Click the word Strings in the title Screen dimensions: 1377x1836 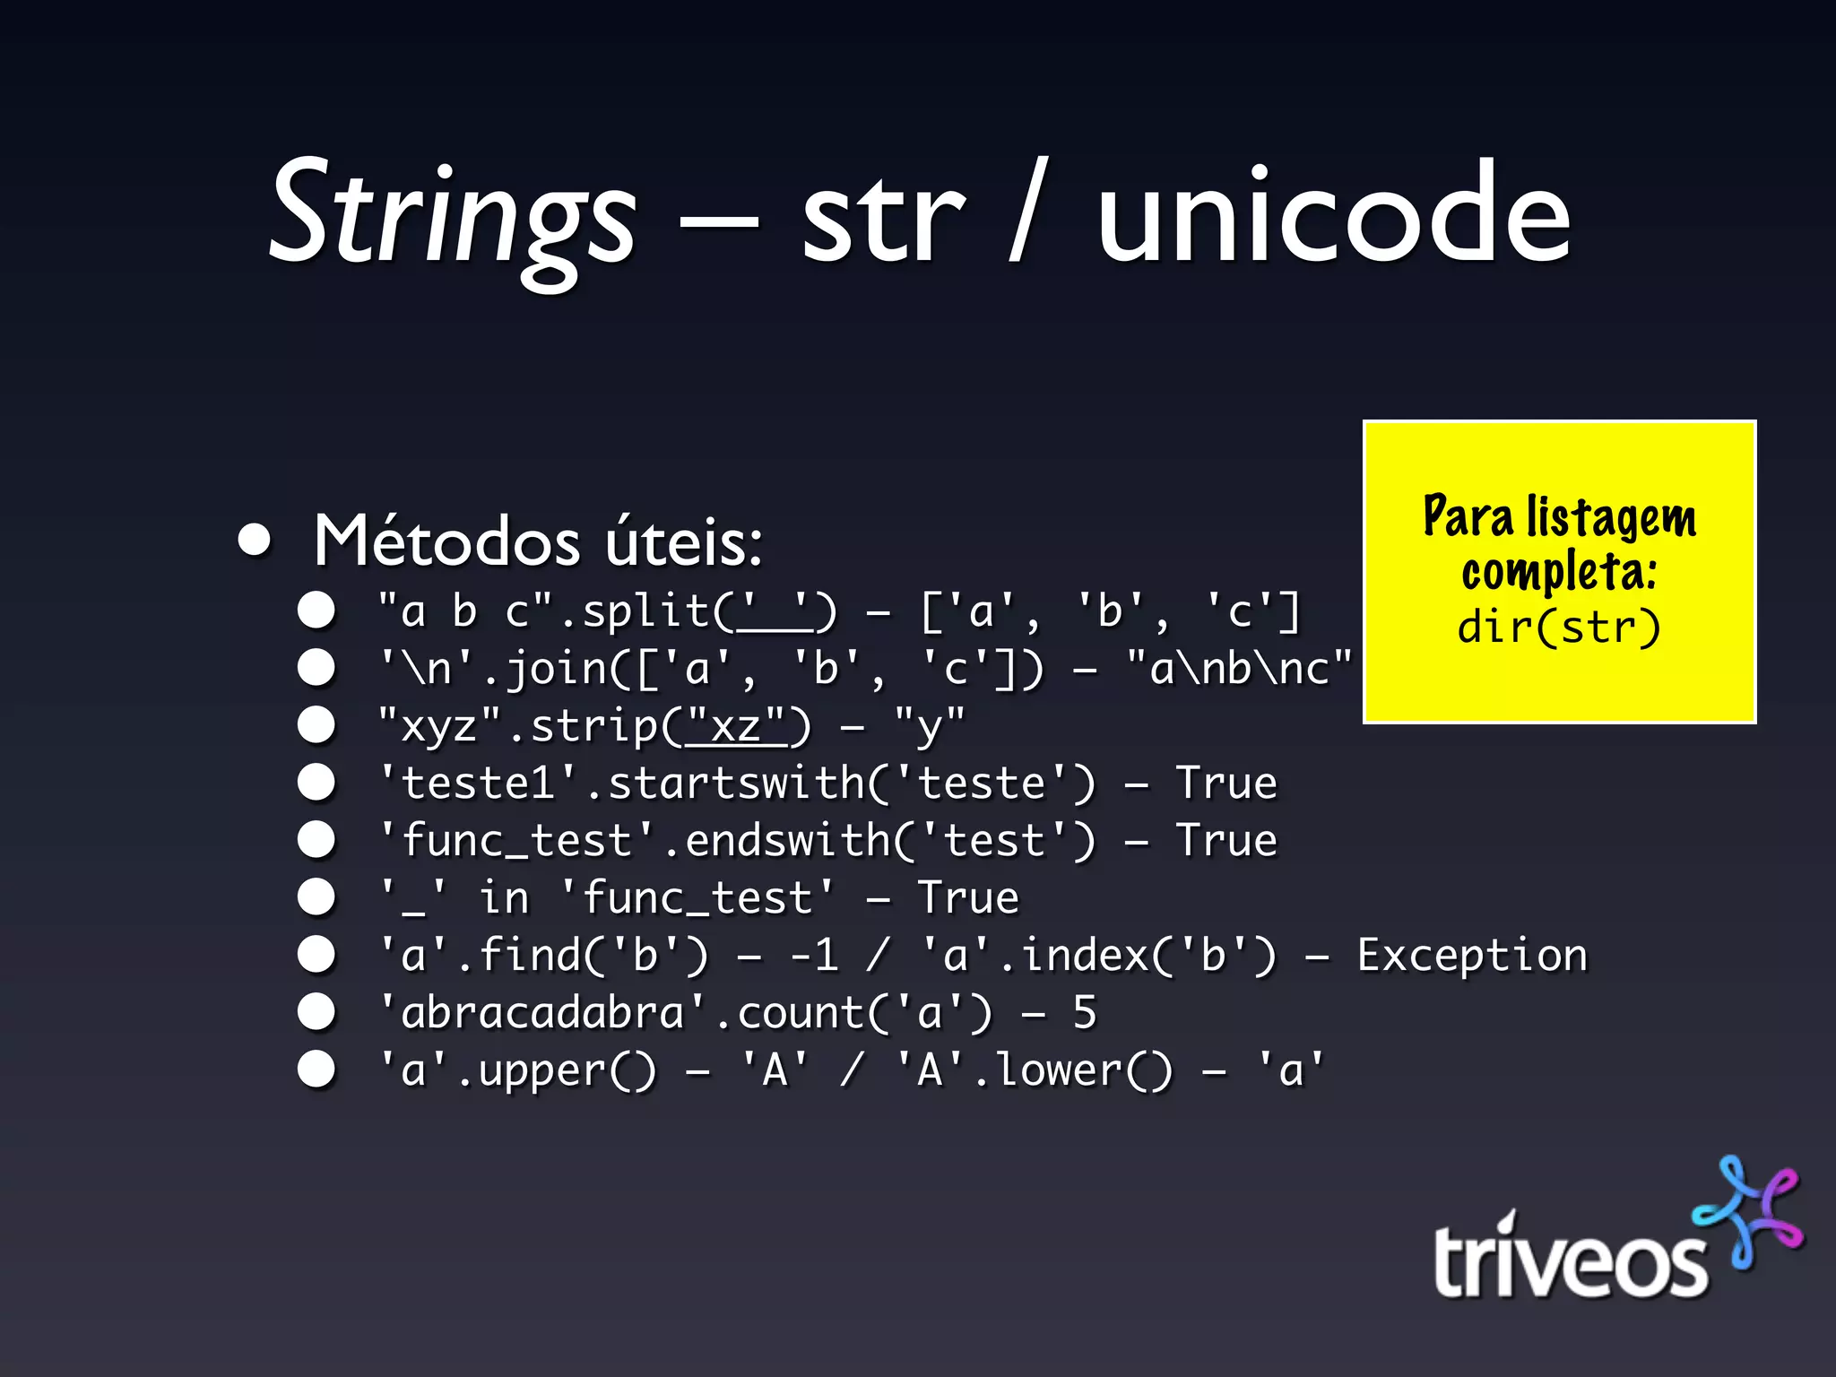click(x=453, y=215)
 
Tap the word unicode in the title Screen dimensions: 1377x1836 click(x=1333, y=215)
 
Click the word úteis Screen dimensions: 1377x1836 click(x=683, y=541)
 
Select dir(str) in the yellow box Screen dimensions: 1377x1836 click(x=1559, y=627)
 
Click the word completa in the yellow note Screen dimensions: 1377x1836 click(x=1559, y=572)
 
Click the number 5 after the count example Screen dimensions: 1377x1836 click(x=1085, y=1013)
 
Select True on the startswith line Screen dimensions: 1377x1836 click(x=1226, y=784)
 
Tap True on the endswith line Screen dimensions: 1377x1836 click(x=1226, y=841)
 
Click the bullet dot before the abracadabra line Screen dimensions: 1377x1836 click(x=316, y=1012)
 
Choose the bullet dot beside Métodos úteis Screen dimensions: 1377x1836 click(x=255, y=541)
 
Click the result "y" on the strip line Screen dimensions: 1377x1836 click(x=930, y=724)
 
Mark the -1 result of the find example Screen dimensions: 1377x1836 click(x=814, y=956)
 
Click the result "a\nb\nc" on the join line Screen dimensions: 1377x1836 click(x=1239, y=669)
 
